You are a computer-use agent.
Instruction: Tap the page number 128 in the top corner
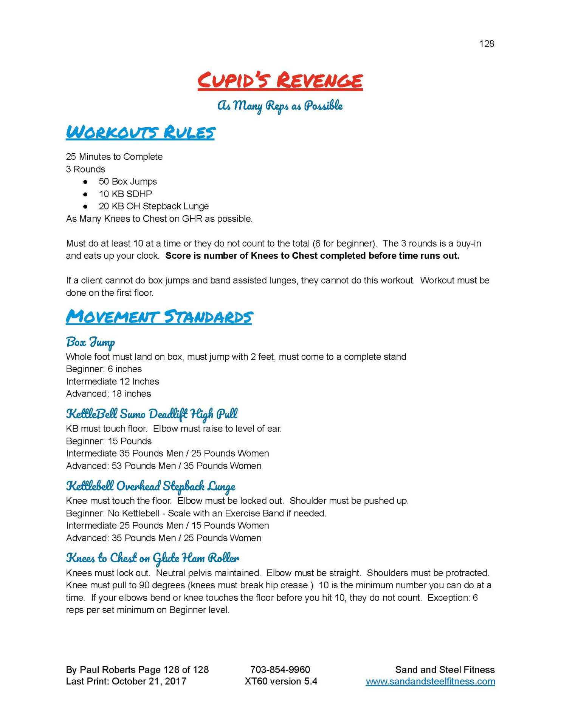486,44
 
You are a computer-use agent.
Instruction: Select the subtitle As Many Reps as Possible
280,106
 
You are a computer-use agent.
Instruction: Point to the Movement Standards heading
159,316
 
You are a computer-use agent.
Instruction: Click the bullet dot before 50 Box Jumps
85,182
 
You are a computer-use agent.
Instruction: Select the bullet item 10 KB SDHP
125,194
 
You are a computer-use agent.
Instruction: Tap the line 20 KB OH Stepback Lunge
153,206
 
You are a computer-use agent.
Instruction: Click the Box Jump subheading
90,342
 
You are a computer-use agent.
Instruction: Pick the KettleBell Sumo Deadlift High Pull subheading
152,414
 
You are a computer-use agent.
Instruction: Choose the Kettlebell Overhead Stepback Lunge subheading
150,486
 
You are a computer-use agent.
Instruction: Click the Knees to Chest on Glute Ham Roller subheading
152,558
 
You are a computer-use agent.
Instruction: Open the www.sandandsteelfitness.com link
430,681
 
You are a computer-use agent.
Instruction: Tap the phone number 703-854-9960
280,669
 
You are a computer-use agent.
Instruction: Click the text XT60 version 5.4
281,681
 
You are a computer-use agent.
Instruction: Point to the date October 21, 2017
149,681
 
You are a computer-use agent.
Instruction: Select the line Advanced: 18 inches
108,393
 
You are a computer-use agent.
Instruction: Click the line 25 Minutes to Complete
114,157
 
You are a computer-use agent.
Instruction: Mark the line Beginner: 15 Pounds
109,441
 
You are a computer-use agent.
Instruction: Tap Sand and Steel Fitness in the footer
445,669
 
